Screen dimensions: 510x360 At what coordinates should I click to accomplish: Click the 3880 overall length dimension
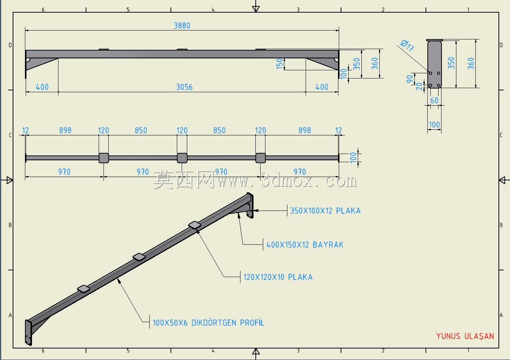pyautogui.click(x=182, y=26)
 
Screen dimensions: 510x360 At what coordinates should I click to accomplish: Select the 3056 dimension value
pyautogui.click(x=184, y=87)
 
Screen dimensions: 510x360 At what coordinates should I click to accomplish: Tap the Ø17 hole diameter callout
pyautogui.click(x=407, y=45)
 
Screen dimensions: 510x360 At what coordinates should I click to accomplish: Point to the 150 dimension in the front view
pyautogui.click(x=279, y=64)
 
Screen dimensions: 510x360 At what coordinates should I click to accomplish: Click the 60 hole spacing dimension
pyautogui.click(x=434, y=100)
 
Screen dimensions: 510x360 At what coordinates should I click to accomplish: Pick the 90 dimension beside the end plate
pyautogui.click(x=409, y=79)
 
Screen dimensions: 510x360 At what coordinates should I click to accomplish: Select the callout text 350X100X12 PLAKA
pyautogui.click(x=325, y=211)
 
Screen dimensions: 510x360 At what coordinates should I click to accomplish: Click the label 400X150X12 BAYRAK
pyautogui.click(x=305, y=245)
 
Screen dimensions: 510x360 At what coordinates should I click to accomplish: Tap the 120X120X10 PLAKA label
pyautogui.click(x=278, y=277)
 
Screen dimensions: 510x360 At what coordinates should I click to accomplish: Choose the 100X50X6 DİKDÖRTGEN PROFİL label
pyautogui.click(x=208, y=323)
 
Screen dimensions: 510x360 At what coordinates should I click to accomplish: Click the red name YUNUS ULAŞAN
pyautogui.click(x=465, y=336)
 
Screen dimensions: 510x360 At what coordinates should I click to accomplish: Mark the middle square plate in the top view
pyautogui.click(x=182, y=158)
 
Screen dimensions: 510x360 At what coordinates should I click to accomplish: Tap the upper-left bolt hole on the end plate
pyautogui.click(x=431, y=73)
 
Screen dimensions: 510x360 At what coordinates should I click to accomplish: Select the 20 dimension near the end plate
pyautogui.click(x=419, y=86)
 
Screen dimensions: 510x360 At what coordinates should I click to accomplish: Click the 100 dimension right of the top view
pyautogui.click(x=353, y=158)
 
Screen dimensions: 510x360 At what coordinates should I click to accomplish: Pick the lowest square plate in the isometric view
pyautogui.click(x=83, y=289)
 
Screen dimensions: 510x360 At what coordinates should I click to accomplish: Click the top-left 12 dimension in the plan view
pyautogui.click(x=25, y=131)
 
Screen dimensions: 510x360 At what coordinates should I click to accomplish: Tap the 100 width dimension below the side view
pyautogui.click(x=434, y=125)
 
